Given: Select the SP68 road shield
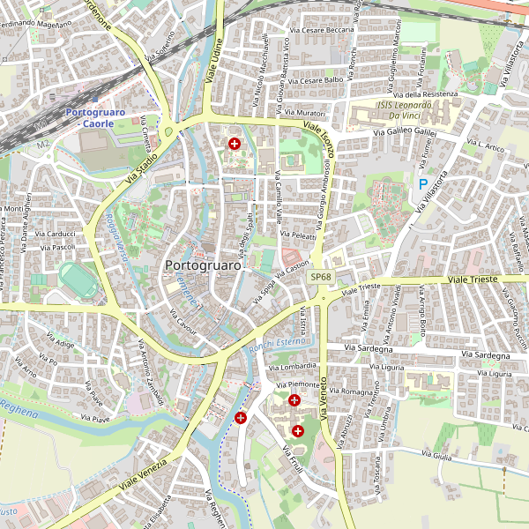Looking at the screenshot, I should (321, 277).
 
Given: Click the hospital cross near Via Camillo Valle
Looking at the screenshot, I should (235, 143).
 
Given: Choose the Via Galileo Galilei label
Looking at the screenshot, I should (405, 131).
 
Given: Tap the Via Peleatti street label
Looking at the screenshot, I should (298, 235).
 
